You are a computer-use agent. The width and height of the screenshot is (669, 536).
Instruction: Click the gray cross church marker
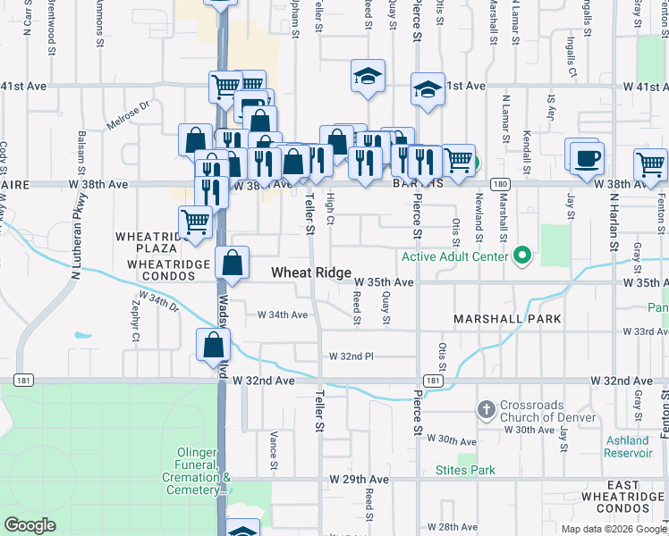(486, 410)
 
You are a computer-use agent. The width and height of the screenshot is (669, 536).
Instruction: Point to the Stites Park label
(465, 470)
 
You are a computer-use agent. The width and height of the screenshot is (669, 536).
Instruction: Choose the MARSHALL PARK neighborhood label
(507, 319)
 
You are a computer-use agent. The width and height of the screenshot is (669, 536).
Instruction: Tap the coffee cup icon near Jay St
(587, 159)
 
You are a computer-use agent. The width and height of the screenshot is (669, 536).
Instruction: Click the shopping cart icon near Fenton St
(650, 165)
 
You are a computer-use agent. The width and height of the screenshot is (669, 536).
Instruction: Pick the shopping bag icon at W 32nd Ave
(214, 345)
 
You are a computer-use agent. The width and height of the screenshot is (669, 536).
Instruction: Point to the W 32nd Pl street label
(351, 356)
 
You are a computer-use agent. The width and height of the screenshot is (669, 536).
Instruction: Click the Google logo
(30, 525)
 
